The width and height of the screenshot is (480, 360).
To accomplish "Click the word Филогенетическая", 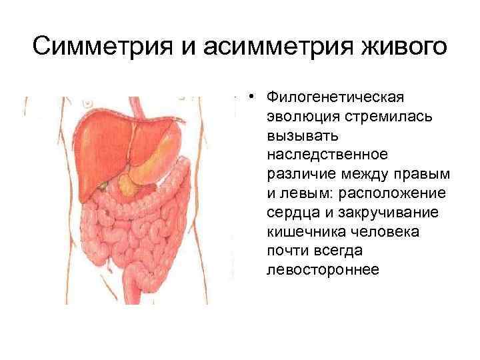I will [335, 98].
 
